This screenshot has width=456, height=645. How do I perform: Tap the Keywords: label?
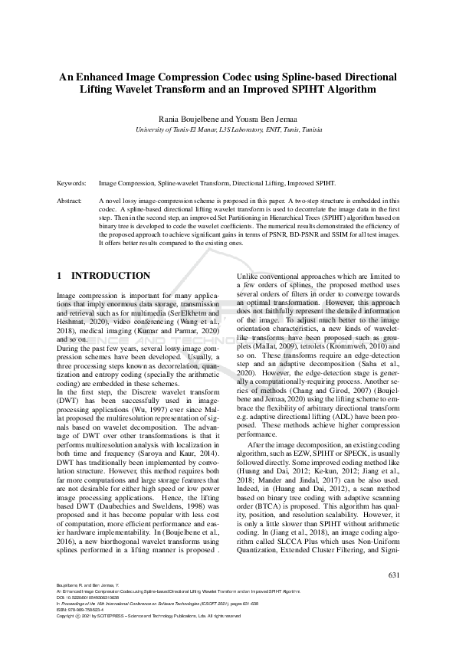pyautogui.click(x=73, y=185)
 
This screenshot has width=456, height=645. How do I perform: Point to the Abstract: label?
pyautogui.click(x=71, y=200)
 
